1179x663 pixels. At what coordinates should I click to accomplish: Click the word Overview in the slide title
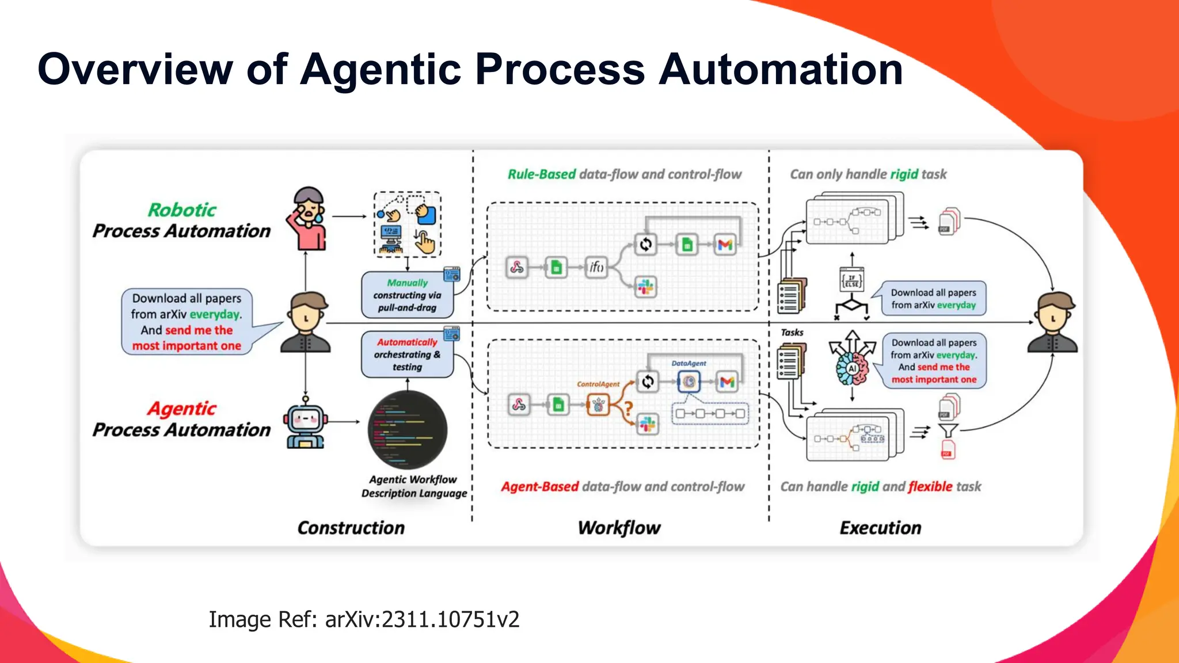[135, 70]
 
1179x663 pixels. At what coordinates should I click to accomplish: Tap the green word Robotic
[182, 209]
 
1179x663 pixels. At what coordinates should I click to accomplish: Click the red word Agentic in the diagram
[182, 409]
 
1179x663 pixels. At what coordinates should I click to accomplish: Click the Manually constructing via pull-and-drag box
[408, 295]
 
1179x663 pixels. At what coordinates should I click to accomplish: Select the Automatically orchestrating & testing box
[408, 355]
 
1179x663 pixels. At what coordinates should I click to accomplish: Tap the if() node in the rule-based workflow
[596, 267]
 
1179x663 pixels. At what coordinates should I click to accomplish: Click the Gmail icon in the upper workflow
[725, 245]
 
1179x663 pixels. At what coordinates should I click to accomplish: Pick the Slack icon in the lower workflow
[648, 425]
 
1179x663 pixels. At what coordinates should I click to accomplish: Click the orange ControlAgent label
[598, 384]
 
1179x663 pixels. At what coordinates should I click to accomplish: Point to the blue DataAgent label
[689, 363]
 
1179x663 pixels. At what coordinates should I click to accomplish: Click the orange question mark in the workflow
[629, 408]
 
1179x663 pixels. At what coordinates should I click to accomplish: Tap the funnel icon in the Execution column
[948, 430]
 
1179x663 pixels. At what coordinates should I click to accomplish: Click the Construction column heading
[351, 528]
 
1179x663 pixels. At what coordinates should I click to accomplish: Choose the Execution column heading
[880, 528]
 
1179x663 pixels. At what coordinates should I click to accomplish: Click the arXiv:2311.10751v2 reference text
[422, 619]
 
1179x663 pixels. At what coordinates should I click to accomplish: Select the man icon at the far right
[1053, 322]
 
